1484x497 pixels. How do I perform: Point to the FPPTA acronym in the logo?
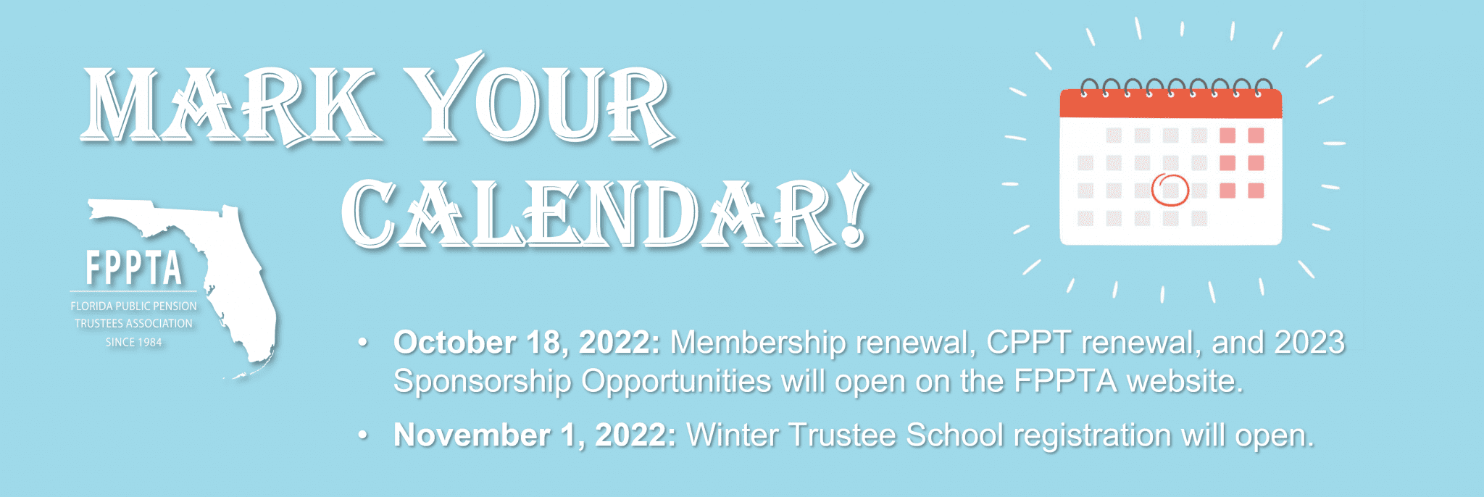click(x=134, y=268)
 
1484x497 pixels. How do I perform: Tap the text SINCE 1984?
click(x=134, y=342)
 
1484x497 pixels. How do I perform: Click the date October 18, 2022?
click(x=527, y=343)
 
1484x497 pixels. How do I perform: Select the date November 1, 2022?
click(x=535, y=435)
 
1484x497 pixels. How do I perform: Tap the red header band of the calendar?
click(x=1171, y=104)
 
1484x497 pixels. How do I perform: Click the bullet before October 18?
click(x=363, y=342)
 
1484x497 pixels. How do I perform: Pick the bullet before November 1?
click(x=363, y=435)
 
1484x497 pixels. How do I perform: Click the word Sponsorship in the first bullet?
click(x=483, y=382)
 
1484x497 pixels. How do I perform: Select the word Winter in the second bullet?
click(x=733, y=435)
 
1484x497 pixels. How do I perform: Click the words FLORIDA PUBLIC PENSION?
click(x=134, y=306)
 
